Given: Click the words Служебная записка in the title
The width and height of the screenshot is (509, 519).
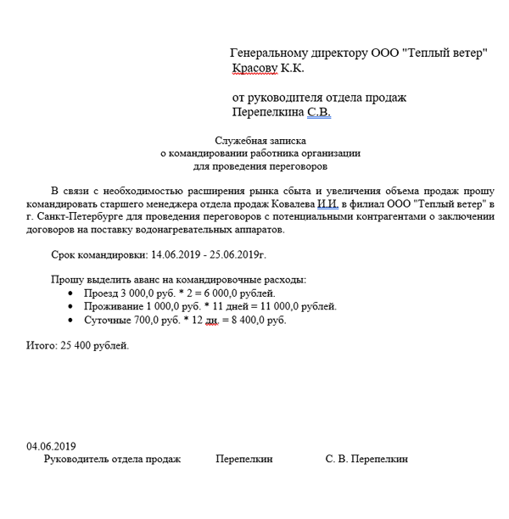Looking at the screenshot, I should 260,141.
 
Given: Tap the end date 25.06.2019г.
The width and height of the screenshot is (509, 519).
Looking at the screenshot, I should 239,254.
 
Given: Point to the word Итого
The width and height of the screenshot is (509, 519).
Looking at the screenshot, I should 41,345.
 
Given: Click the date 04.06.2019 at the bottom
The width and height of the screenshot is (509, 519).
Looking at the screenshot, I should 52,446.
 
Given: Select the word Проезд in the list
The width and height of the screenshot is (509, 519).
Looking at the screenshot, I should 100,293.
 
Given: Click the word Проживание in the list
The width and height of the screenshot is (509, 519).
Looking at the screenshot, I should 114,306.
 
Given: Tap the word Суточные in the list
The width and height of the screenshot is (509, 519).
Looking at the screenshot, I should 108,321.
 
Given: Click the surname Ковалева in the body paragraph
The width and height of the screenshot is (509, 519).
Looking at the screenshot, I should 291,204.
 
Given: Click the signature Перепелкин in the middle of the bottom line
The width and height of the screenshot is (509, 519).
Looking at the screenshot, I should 244,459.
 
